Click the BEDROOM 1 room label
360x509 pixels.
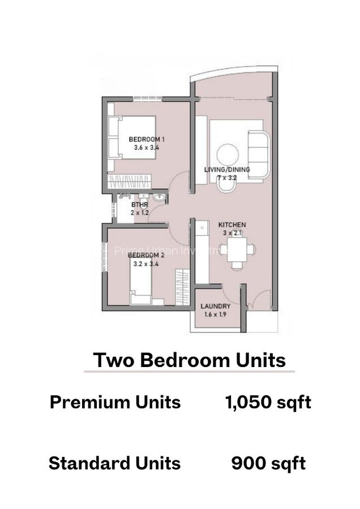pos(147,139)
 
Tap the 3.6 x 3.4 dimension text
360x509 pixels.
pos(147,148)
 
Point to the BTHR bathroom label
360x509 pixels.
pos(139,205)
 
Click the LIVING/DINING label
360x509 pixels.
pos(227,169)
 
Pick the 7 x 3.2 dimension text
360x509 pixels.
pos(228,178)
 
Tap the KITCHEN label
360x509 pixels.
pos(232,225)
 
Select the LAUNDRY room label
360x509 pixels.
pos(215,307)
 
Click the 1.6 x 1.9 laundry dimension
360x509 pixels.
pos(215,315)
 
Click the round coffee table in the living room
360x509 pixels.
pos(228,154)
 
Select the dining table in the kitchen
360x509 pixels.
pos(237,249)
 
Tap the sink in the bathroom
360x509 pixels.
pos(158,198)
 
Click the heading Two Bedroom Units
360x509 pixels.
pos(189,360)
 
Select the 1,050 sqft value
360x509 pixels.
pos(268,402)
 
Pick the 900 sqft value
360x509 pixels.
pos(268,463)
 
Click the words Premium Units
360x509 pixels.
pos(115,402)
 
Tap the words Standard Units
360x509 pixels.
pos(114,463)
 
